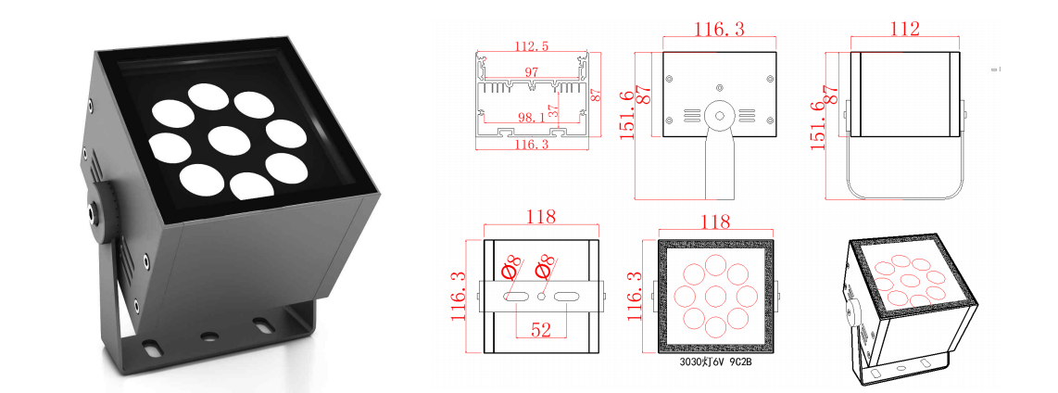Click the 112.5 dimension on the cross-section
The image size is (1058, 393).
[x=531, y=45]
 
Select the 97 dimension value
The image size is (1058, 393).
[x=531, y=71]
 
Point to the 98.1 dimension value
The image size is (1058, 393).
[x=531, y=118]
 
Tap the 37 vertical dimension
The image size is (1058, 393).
[x=552, y=109]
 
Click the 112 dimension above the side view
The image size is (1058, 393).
[x=902, y=29]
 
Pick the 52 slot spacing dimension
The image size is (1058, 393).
[x=540, y=329]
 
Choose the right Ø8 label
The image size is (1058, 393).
[x=547, y=266]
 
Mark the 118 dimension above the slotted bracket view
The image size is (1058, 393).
[x=541, y=218]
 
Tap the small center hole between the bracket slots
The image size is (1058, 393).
[x=541, y=297]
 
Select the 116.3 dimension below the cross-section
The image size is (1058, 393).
[x=531, y=145]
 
